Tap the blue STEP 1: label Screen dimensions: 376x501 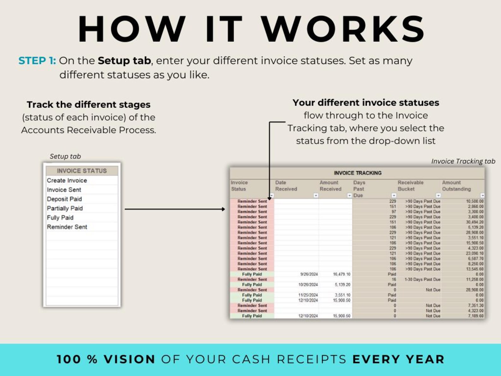37,61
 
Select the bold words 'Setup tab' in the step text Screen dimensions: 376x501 124,61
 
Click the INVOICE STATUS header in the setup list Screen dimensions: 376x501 82,171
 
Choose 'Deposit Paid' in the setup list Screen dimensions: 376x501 64,199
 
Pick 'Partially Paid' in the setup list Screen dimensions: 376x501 65,208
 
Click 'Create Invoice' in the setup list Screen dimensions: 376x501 67,181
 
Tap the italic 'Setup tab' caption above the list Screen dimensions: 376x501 65,156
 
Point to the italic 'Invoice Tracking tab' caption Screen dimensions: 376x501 463,161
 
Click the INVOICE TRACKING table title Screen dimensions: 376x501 357,173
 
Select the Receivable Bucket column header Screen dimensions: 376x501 410,186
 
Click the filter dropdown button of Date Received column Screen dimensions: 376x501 315,196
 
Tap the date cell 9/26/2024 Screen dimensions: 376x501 309,274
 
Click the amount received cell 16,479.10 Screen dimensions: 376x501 341,274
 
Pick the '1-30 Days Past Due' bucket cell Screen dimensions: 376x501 422,279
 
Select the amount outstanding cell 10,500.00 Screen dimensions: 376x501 474,201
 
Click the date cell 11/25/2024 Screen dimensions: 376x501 308,295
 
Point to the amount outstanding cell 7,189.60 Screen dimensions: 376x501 475,316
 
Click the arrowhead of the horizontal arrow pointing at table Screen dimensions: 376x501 223,209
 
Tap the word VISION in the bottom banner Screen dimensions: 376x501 129,359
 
